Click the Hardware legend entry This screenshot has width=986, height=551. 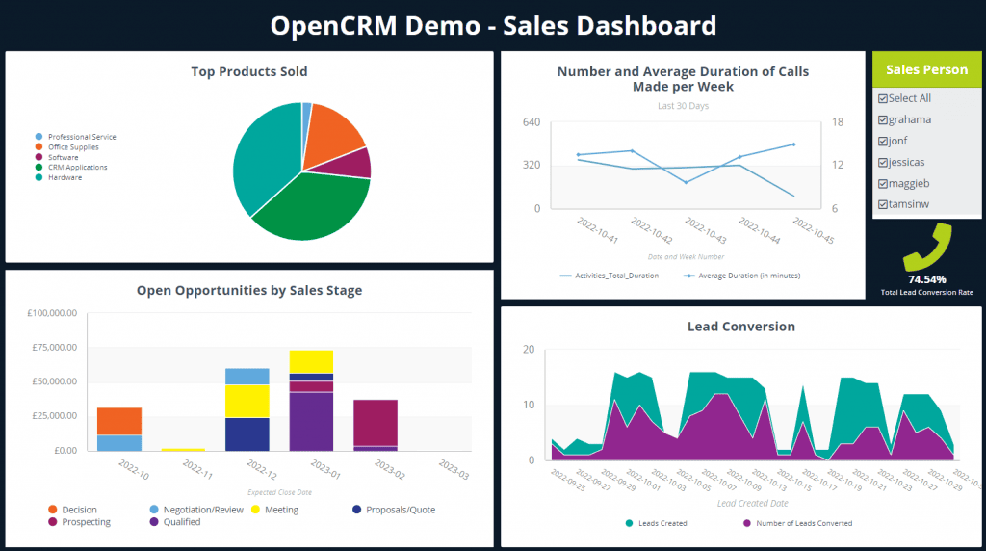click(65, 177)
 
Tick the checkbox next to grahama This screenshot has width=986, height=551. click(882, 119)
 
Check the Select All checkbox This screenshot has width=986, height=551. click(882, 98)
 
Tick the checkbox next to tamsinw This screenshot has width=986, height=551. click(882, 204)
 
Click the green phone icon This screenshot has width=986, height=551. click(926, 248)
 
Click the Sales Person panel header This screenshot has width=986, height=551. click(926, 69)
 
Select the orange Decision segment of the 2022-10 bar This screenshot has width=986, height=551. click(119, 421)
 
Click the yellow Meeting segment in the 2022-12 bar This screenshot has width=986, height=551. click(247, 401)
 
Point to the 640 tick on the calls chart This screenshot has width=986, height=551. click(531, 122)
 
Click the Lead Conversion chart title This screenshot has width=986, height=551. click(740, 327)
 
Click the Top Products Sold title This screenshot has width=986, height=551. click(248, 71)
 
